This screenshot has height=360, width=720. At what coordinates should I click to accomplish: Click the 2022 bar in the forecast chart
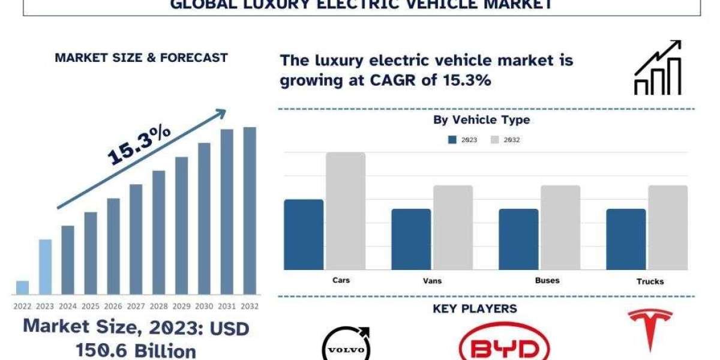22,287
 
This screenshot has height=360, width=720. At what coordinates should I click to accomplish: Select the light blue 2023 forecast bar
45,267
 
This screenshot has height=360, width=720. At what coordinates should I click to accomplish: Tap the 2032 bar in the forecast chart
249,211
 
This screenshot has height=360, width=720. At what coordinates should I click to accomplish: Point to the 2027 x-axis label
136,306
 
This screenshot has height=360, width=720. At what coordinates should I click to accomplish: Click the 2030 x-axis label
204,306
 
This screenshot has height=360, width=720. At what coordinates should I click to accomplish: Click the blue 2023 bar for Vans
411,239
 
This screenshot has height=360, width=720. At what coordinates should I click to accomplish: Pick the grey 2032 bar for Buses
560,227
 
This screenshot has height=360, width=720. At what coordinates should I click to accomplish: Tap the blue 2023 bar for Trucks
626,239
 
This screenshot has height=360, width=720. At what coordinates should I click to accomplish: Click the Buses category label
547,280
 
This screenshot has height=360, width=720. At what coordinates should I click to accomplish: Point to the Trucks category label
650,281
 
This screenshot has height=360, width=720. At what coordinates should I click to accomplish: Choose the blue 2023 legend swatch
452,140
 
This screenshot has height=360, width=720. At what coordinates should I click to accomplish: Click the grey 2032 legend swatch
495,140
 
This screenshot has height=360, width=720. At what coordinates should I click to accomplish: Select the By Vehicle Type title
482,120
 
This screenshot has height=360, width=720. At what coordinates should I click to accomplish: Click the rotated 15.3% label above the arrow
139,146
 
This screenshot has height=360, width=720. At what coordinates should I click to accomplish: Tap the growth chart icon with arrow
658,67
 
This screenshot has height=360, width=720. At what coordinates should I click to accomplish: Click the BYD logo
504,344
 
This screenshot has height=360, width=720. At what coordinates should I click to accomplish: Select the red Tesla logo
649,330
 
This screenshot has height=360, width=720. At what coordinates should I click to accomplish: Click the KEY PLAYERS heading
475,309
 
